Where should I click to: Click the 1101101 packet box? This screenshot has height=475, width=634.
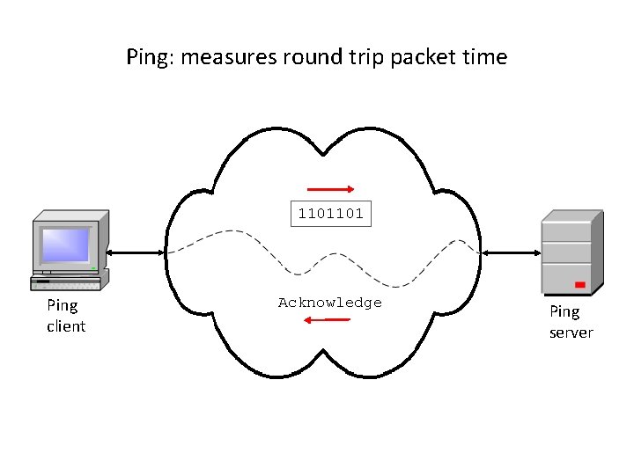tap(331, 214)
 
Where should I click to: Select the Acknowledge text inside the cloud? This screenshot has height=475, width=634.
tap(330, 303)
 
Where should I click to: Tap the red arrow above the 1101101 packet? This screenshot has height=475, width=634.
tap(331, 188)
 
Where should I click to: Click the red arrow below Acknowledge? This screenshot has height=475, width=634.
tap(326, 319)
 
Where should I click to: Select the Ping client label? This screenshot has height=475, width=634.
tap(65, 316)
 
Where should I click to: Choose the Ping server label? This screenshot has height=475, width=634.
tap(571, 322)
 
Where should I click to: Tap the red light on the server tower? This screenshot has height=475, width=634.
tap(579, 285)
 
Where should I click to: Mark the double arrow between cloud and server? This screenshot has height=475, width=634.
tap(511, 252)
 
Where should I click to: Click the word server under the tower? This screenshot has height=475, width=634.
tap(571, 332)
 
